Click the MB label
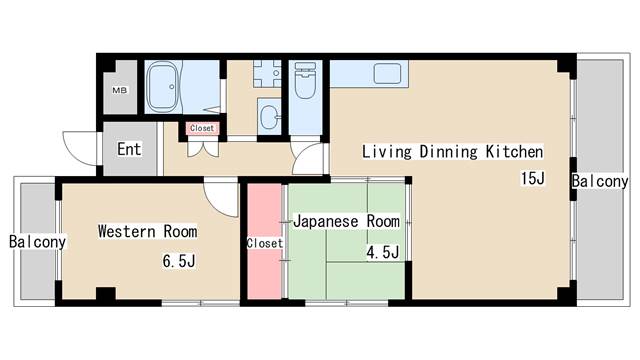(119, 91)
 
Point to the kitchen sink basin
(386, 73)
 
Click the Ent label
(129, 150)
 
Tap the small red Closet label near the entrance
(202, 128)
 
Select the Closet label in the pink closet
(264, 243)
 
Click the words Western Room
(147, 231)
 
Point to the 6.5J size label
(181, 263)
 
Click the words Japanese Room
(346, 221)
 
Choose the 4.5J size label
(383, 253)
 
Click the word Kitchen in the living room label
(514, 152)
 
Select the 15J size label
(532, 179)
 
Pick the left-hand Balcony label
(37, 242)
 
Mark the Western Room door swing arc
(219, 196)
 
